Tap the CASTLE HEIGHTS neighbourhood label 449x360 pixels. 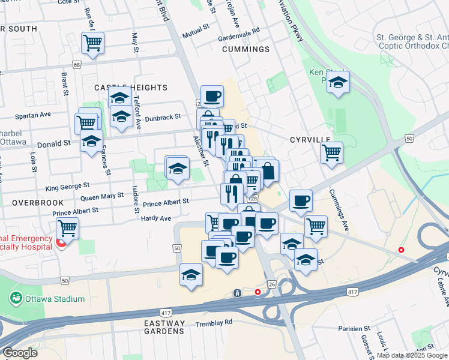(131, 88)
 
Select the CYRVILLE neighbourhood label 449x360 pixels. (310, 139)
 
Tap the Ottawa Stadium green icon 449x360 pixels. (16, 298)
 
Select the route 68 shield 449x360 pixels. (76, 65)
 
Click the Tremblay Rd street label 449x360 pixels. (214, 323)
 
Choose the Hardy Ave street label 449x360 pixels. (156, 218)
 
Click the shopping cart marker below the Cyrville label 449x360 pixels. (331, 153)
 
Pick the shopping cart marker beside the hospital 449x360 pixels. (68, 229)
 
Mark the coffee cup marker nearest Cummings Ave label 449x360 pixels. (301, 200)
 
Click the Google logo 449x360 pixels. (20, 353)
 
